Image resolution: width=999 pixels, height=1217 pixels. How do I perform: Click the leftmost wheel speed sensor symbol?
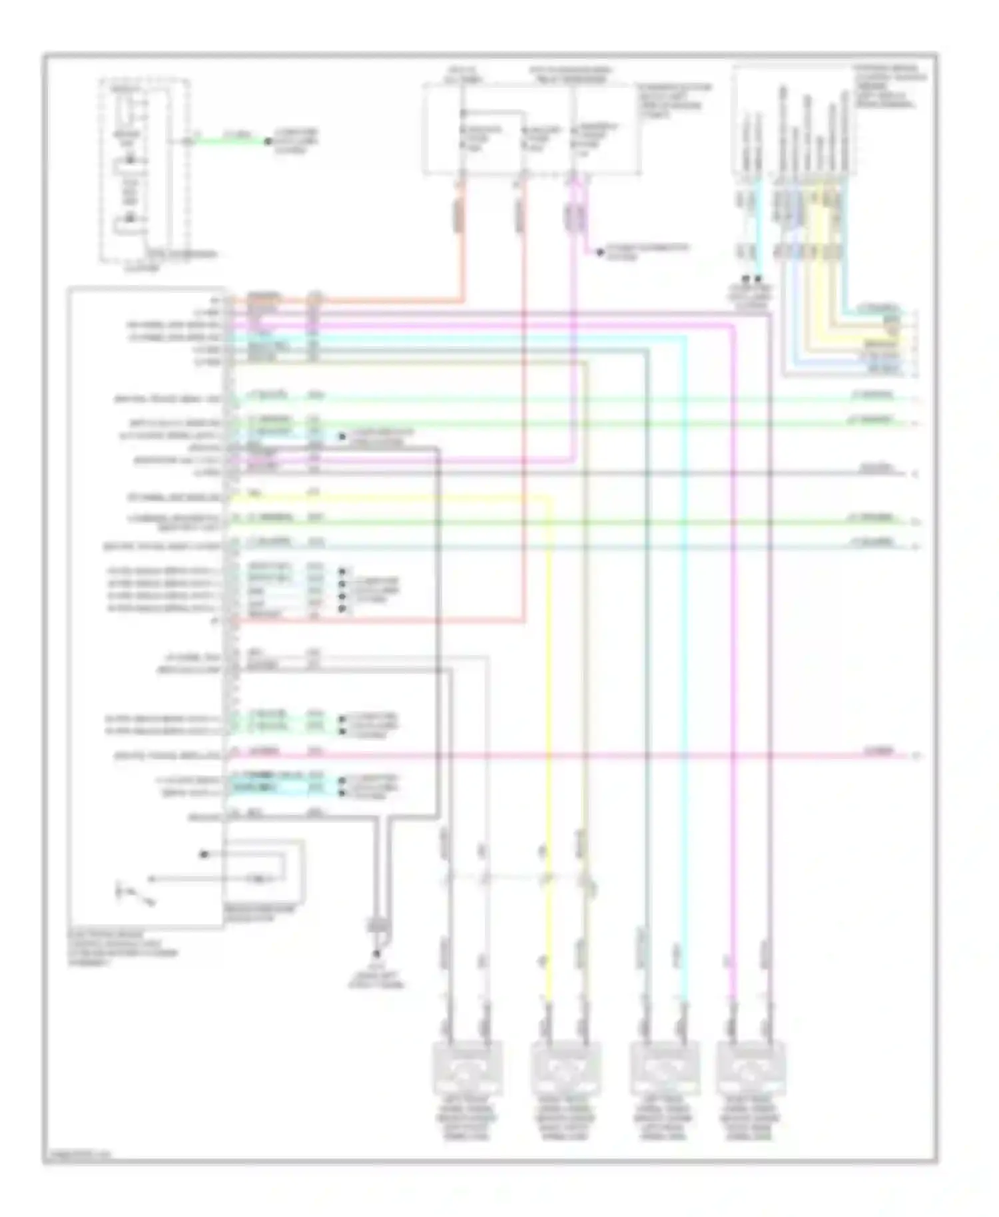[468, 1069]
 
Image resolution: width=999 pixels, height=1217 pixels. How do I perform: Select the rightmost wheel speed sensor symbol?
[751, 1069]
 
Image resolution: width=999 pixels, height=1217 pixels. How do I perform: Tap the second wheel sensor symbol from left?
[565, 1069]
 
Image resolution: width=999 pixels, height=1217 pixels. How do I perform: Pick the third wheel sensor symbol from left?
[664, 1069]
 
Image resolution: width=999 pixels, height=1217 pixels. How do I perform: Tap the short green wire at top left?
[230, 141]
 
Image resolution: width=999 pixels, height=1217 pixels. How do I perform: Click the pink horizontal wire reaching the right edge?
[599, 756]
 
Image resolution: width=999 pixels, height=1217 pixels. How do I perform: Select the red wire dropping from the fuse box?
[523, 399]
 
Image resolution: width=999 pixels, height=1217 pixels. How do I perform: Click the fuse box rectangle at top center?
[531, 130]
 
